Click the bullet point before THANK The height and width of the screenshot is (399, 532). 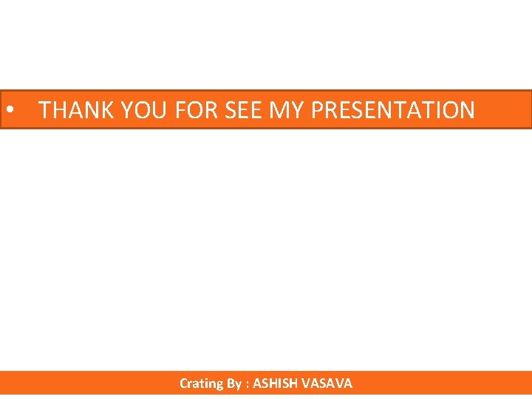[x=10, y=110]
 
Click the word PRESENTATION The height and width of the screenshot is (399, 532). [x=392, y=110]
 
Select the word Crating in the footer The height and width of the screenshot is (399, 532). [x=201, y=383]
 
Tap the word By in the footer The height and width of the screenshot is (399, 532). [x=233, y=383]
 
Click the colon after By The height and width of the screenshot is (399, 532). [x=248, y=384]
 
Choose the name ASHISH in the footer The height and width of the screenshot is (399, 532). [x=276, y=383]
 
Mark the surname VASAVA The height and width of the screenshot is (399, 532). [x=327, y=383]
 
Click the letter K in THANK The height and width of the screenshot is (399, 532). [x=107, y=110]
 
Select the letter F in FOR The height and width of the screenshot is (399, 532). [x=181, y=110]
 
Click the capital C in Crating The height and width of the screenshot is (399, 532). [x=183, y=383]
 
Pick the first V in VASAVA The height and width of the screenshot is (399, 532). [x=306, y=383]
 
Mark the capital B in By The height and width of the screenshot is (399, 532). [x=231, y=383]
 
